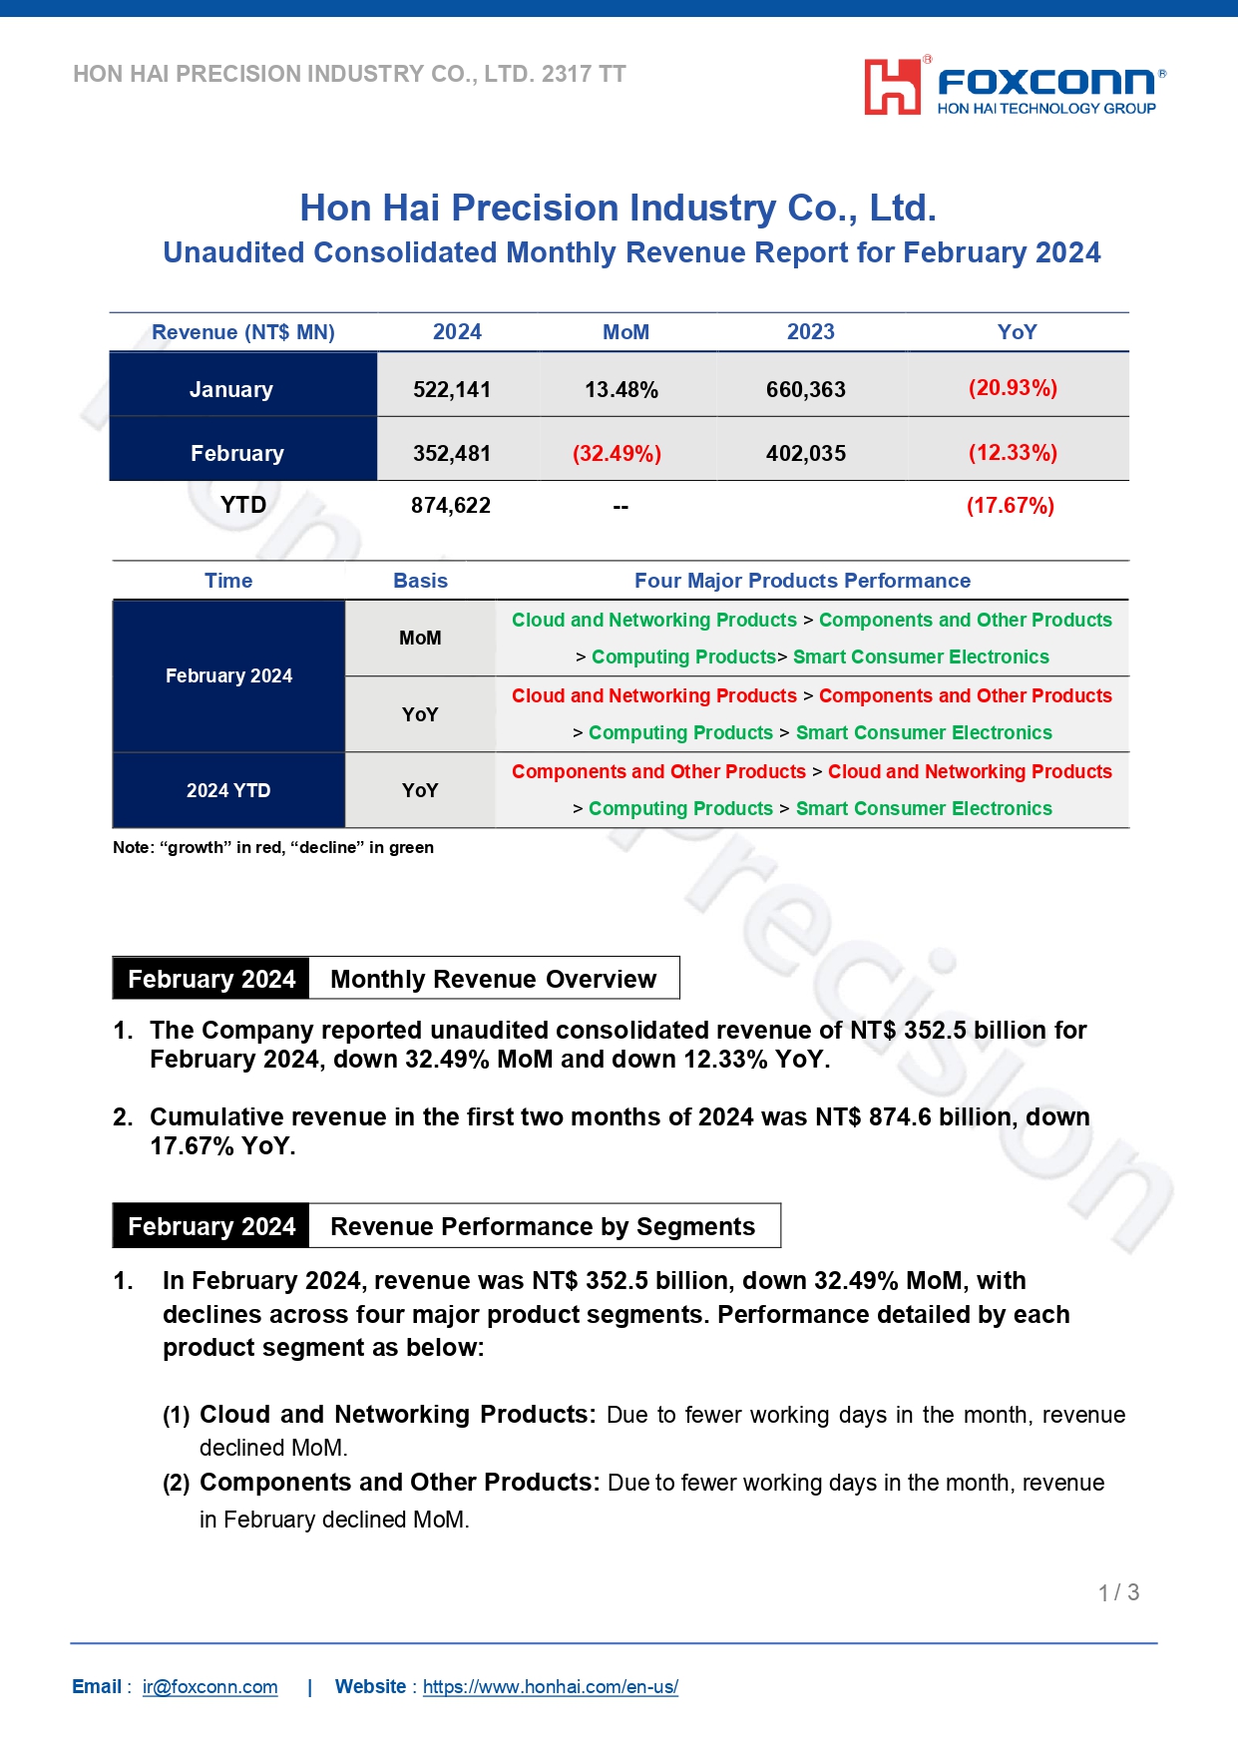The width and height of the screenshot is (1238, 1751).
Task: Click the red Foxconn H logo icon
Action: (x=892, y=86)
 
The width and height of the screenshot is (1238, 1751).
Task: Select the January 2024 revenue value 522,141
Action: (x=452, y=389)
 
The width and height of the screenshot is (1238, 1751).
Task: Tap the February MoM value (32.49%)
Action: (x=617, y=454)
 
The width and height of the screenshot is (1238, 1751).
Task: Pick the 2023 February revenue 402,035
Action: (x=805, y=454)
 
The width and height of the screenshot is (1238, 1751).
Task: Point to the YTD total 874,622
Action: (x=451, y=506)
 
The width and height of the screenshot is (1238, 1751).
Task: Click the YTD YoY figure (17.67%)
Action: (x=1010, y=506)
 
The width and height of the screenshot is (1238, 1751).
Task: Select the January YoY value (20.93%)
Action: (x=1013, y=388)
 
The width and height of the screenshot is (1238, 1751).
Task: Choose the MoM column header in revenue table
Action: (x=625, y=332)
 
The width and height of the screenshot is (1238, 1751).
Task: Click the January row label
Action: (x=231, y=389)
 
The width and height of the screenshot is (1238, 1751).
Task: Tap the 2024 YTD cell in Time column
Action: (x=228, y=790)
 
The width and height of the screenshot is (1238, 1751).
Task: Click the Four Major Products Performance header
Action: (x=802, y=581)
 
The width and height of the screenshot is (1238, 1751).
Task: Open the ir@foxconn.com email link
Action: (x=209, y=1687)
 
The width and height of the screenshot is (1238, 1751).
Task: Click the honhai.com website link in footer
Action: (x=550, y=1687)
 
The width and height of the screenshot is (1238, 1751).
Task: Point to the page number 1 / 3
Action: (x=1118, y=1592)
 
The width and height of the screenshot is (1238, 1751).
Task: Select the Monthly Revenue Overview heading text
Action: (x=493, y=979)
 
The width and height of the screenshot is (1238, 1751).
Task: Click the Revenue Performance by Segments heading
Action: (x=543, y=1226)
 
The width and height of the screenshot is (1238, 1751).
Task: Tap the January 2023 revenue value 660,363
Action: (x=805, y=389)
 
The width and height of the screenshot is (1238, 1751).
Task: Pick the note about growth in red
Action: (x=273, y=847)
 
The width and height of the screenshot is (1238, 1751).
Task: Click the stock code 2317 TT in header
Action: (x=584, y=74)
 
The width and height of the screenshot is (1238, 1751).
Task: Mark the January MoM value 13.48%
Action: (x=620, y=389)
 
